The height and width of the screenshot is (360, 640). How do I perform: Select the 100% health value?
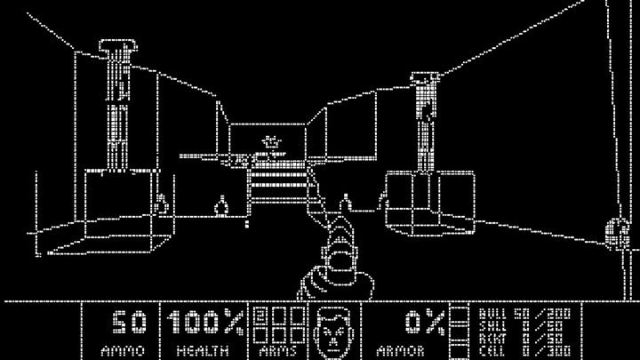tap(205, 322)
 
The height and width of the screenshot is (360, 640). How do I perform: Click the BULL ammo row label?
tap(490, 312)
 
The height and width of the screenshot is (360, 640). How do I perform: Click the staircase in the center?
tap(278, 187)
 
